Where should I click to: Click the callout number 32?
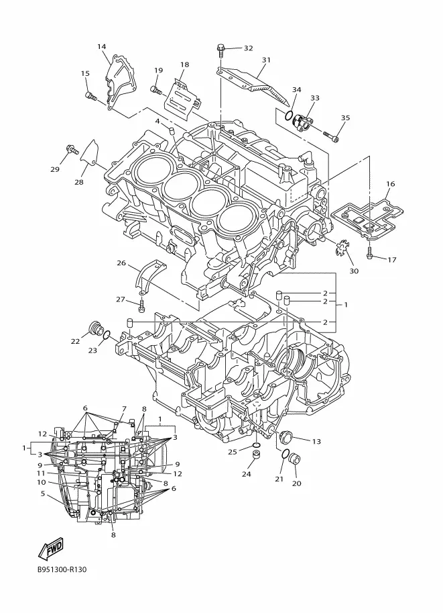[248, 48]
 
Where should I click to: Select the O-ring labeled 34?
[288, 115]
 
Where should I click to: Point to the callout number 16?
[390, 184]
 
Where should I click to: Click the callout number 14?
[101, 47]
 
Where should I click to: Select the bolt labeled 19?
[156, 91]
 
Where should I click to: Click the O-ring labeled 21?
[286, 455]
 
